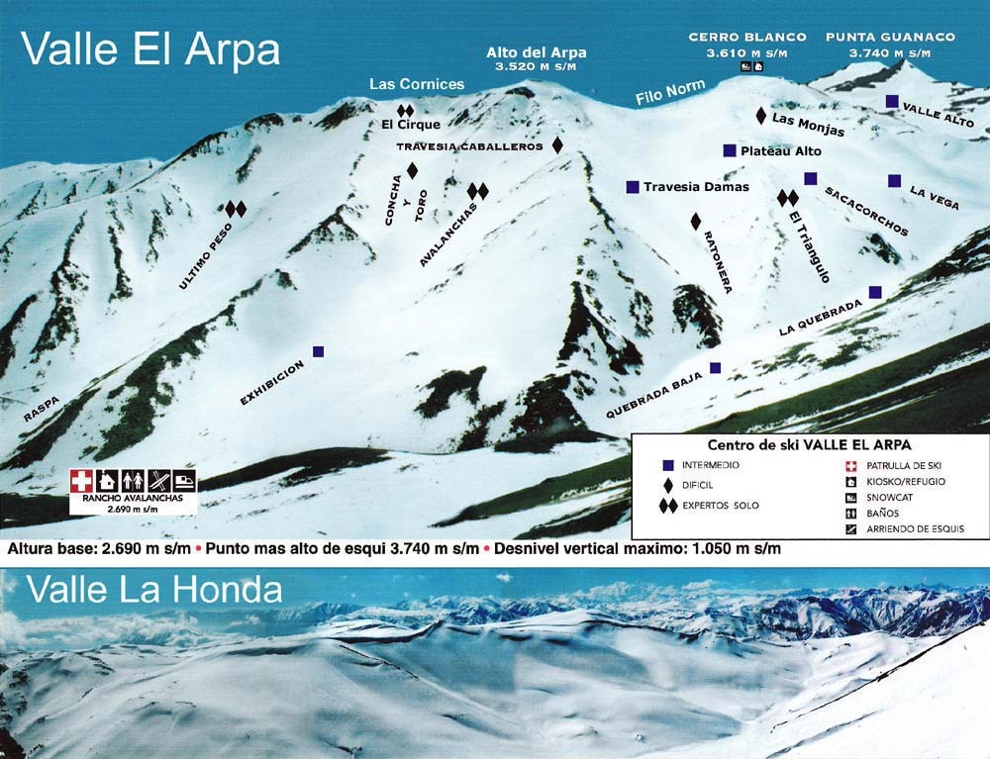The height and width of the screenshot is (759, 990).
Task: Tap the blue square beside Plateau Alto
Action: tap(730, 150)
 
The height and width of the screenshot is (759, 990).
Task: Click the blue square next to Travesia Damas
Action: tap(632, 186)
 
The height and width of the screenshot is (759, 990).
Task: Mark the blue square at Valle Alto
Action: tap(892, 101)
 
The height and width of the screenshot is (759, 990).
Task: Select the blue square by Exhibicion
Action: tap(318, 351)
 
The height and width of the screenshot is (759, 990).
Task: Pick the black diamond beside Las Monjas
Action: tap(760, 116)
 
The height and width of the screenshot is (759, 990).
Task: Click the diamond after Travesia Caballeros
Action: tap(557, 145)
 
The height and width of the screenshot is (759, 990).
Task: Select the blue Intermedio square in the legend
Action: tap(668, 464)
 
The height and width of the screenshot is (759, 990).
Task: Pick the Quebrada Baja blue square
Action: tap(715, 368)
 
